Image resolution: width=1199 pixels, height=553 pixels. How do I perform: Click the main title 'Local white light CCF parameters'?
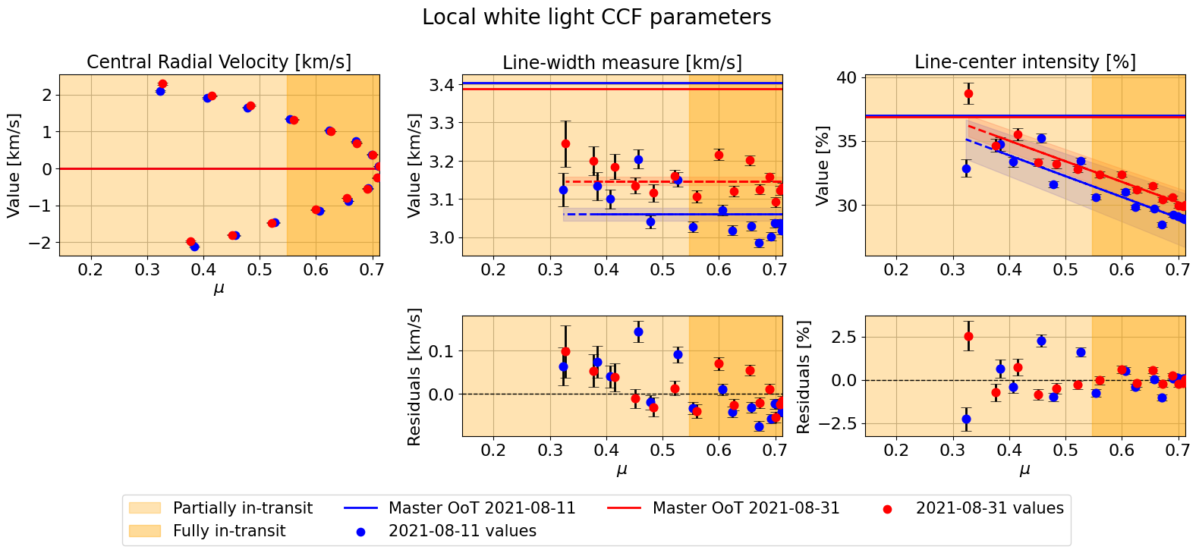click(596, 17)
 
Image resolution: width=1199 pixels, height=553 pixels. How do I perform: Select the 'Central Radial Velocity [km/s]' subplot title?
click(219, 62)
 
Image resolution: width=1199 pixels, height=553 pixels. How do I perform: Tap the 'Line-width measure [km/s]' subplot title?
click(622, 62)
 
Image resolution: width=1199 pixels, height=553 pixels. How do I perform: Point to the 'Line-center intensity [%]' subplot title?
click(1024, 62)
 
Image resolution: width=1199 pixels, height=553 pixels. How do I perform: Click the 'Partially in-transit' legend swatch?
click(144, 508)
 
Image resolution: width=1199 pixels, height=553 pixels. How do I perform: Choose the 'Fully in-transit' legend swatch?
click(144, 531)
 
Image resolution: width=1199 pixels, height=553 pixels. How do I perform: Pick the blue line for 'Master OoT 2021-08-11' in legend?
click(360, 508)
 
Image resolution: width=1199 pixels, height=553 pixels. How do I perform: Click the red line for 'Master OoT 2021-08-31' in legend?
click(625, 508)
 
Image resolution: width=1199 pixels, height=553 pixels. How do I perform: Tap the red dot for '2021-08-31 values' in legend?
click(887, 509)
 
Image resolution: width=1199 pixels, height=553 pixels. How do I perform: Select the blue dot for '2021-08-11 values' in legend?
click(360, 532)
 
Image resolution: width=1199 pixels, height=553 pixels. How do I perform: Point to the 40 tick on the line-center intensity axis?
click(847, 77)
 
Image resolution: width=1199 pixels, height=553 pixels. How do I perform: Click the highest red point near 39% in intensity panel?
click(968, 94)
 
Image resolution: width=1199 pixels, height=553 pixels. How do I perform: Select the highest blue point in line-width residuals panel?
click(638, 331)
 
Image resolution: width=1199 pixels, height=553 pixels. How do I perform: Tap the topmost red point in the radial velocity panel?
click(162, 84)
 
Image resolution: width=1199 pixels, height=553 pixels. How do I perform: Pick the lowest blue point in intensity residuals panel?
click(966, 419)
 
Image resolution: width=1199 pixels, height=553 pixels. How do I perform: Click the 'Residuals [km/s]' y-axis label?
click(414, 376)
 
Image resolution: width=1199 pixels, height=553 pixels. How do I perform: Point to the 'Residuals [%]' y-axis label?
click(804, 376)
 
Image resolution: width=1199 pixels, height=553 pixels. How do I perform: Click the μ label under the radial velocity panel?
click(219, 288)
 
